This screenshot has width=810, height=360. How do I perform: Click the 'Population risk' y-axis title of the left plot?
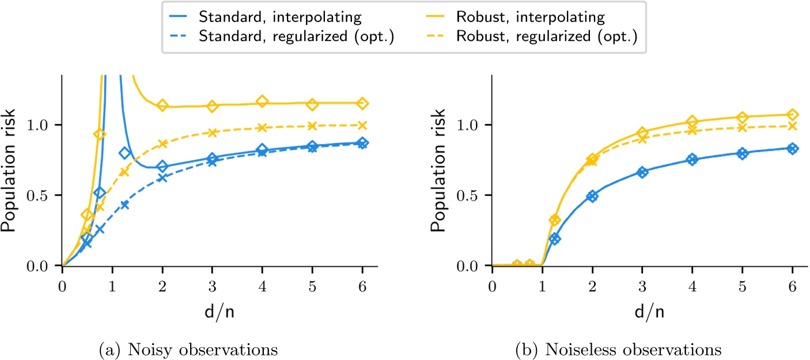click(x=10, y=170)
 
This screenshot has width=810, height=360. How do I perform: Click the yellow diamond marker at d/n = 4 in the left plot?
click(x=263, y=102)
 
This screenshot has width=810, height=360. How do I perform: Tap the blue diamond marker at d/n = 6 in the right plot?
click(x=793, y=149)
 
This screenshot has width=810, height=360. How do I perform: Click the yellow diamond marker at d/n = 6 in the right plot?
click(x=793, y=115)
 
